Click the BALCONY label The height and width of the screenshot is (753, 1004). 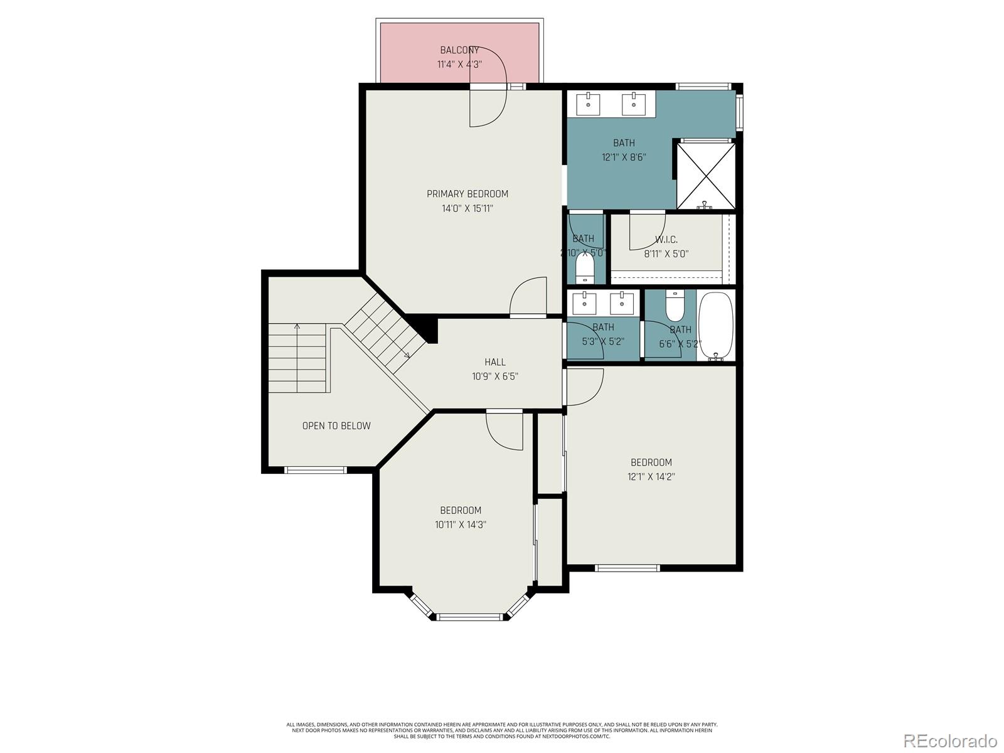click(459, 50)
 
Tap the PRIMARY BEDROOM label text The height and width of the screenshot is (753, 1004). click(467, 194)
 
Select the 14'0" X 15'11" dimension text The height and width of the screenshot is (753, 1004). click(467, 208)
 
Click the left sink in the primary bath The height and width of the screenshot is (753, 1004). click(588, 104)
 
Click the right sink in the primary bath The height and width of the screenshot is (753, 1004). click(634, 104)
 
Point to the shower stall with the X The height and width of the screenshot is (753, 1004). click(705, 175)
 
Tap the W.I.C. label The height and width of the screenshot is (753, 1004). click(666, 240)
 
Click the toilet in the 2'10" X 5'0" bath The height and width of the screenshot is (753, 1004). click(585, 268)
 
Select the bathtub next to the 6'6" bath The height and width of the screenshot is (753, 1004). click(715, 326)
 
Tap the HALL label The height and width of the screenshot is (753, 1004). click(495, 362)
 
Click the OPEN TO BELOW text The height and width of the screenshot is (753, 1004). click(336, 426)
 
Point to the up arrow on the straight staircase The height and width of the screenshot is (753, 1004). click(297, 327)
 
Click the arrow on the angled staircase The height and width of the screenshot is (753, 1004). click(406, 356)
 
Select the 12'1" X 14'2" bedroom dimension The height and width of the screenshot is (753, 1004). click(651, 477)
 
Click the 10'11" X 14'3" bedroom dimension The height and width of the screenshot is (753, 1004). click(461, 525)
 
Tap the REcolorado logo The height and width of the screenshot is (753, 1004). click(950, 740)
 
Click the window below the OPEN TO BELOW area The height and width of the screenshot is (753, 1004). click(316, 469)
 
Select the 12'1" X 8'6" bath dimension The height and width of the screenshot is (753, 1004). click(624, 158)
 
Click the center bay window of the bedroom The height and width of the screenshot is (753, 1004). click(471, 617)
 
